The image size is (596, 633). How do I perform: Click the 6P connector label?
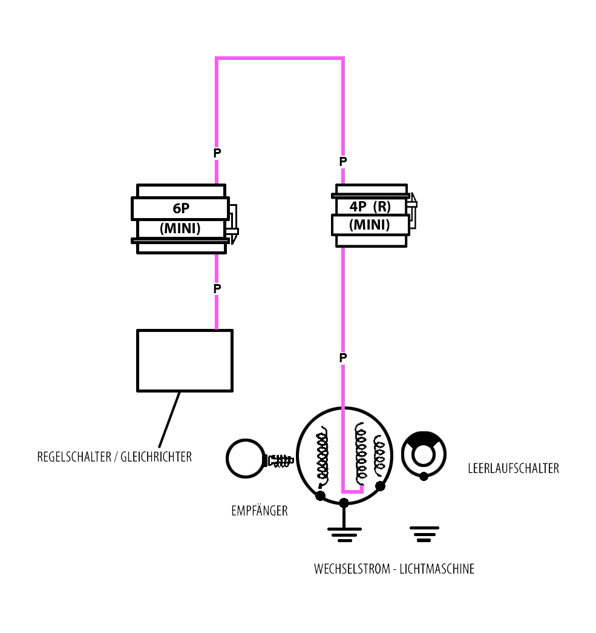click(x=181, y=208)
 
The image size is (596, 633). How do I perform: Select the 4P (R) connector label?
click(x=370, y=206)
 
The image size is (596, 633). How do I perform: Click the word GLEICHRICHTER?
click(x=156, y=457)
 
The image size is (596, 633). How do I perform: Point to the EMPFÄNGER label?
click(x=259, y=511)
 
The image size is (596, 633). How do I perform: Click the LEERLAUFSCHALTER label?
click(x=513, y=468)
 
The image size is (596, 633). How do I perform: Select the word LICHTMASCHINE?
click(x=437, y=569)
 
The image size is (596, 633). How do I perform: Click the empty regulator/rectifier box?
click(x=185, y=360)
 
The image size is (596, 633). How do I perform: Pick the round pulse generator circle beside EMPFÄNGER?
click(x=245, y=459)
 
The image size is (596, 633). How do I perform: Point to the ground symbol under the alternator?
click(x=344, y=532)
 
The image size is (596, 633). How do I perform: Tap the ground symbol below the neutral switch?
click(x=424, y=533)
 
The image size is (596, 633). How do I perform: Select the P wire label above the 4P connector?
click(x=343, y=162)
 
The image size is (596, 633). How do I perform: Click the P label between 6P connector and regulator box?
click(x=217, y=289)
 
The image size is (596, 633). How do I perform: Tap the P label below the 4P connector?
click(x=343, y=358)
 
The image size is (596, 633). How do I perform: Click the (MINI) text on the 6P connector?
click(x=180, y=228)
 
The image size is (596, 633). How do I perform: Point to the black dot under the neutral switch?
click(x=424, y=476)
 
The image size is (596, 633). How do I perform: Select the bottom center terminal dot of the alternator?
click(x=344, y=503)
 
